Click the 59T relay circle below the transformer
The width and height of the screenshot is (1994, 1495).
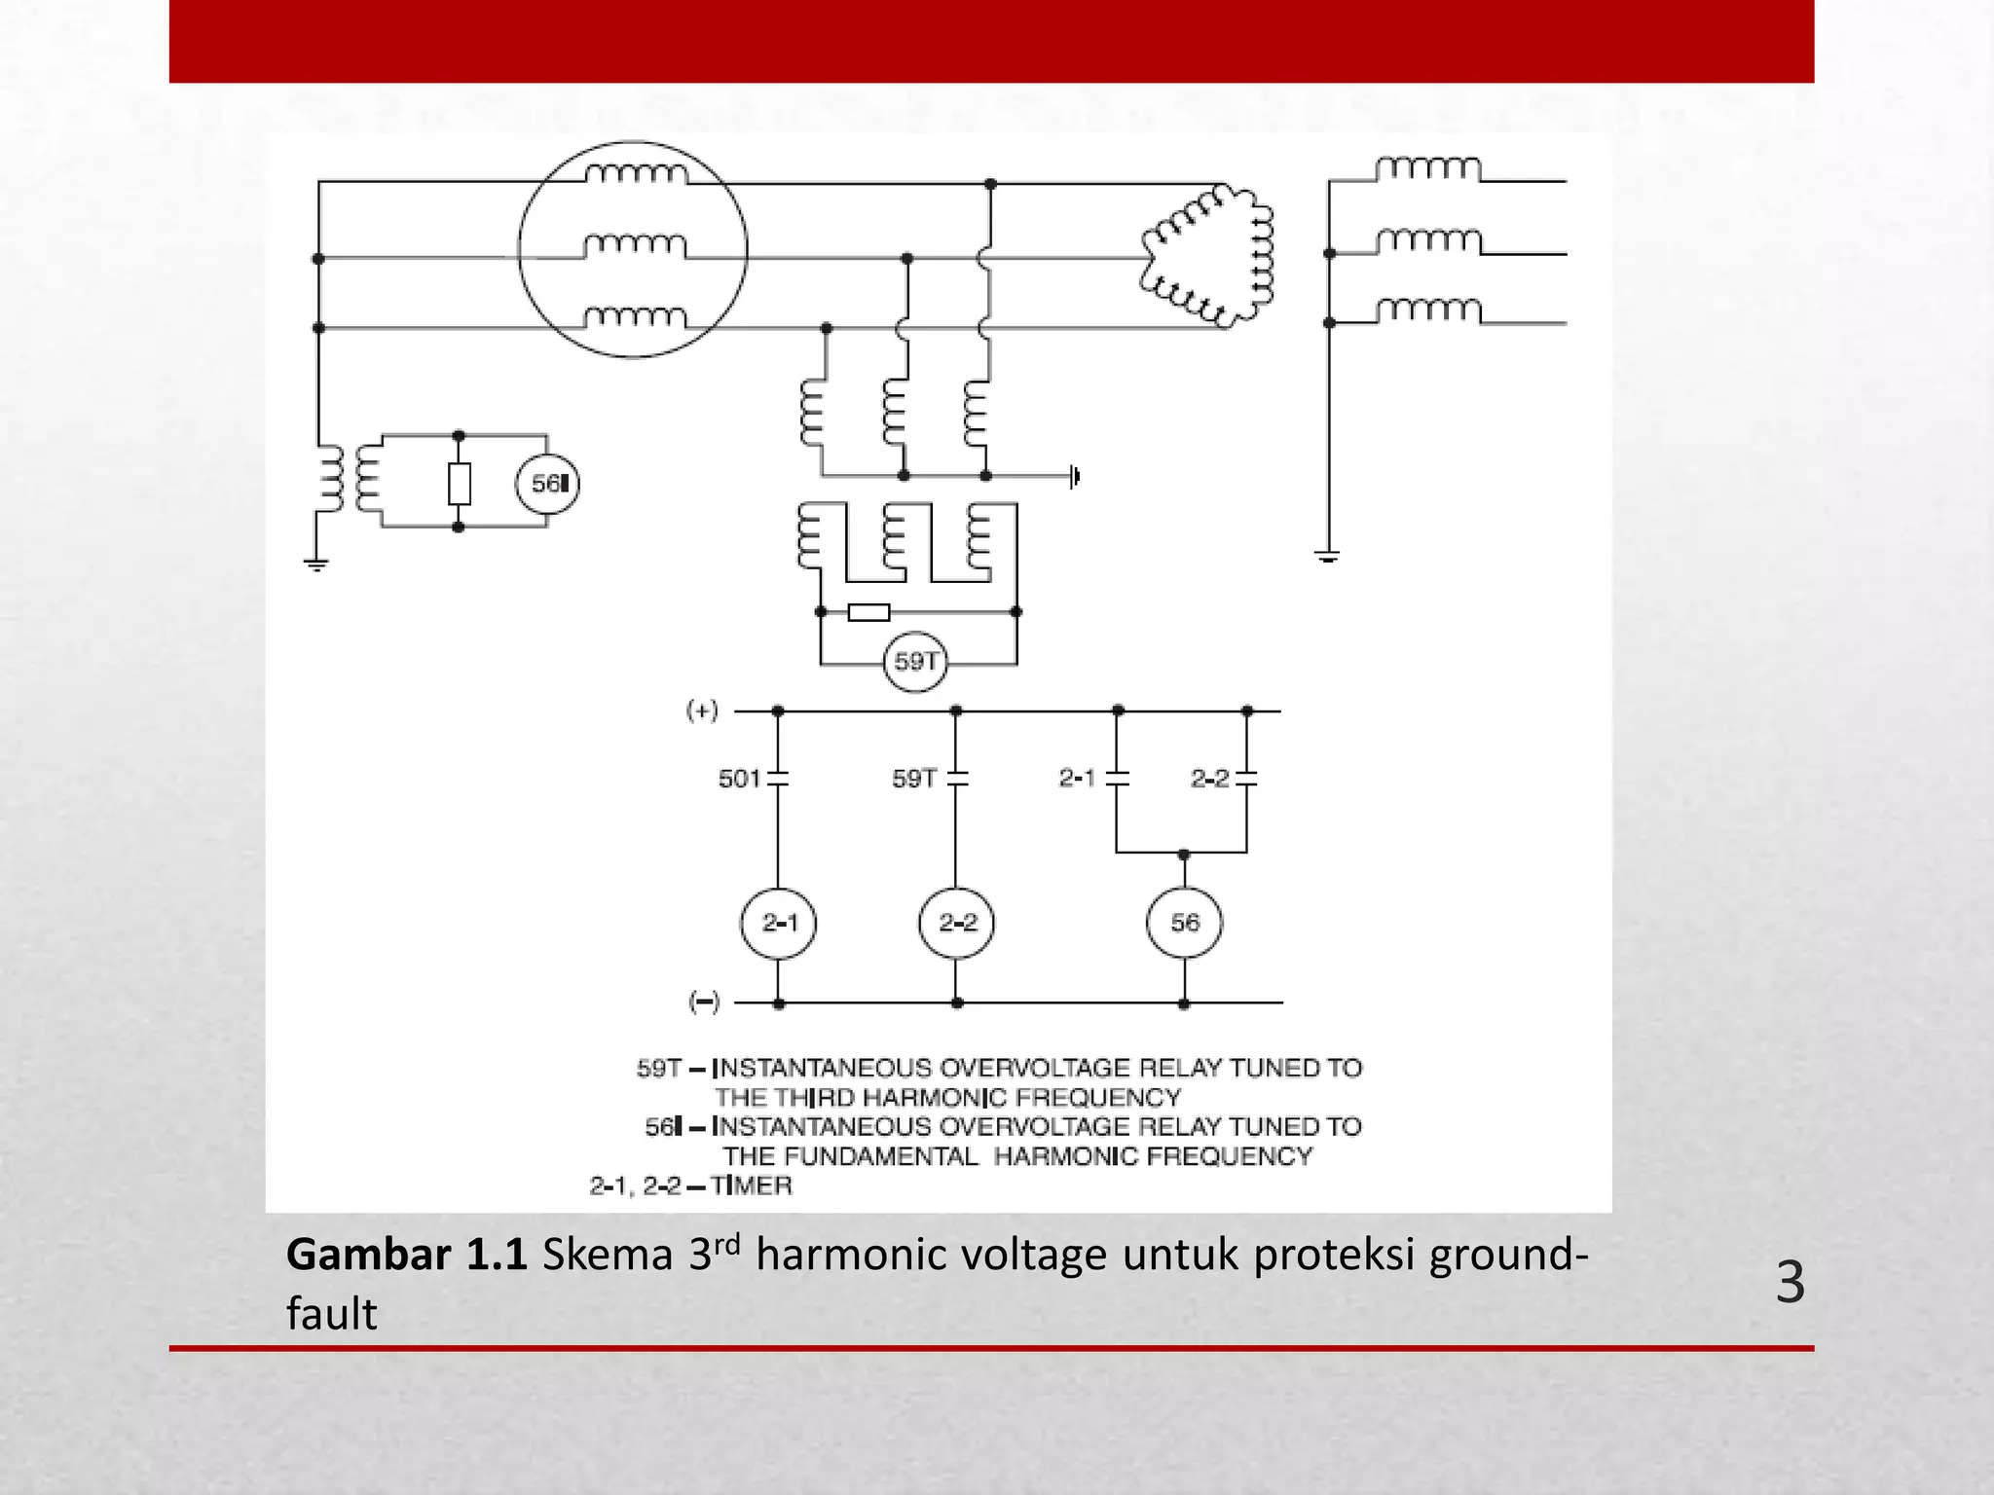coord(915,663)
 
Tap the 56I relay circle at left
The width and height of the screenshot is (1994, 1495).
coord(547,484)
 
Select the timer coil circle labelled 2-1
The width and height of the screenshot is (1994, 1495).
coord(779,923)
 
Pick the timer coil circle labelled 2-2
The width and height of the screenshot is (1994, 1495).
coord(957,923)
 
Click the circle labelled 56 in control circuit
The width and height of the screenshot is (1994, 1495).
coord(1184,923)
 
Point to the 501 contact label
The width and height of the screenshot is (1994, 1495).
coord(739,779)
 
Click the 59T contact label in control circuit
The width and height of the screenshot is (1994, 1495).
coord(914,779)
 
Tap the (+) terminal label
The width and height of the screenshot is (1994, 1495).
coord(702,711)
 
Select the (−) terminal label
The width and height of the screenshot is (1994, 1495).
coord(704,1002)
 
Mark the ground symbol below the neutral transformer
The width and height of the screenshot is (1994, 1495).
coord(316,564)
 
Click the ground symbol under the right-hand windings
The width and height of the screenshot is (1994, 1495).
coord(1328,557)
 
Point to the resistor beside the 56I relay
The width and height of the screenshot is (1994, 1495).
coord(460,484)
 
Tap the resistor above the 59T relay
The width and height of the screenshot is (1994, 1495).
coord(868,612)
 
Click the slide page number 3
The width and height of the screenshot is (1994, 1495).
coord(1790,1283)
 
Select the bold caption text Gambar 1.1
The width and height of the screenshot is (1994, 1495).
coord(406,1255)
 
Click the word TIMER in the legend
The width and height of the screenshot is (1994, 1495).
coord(751,1185)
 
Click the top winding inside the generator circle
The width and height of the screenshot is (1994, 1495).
coord(636,174)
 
